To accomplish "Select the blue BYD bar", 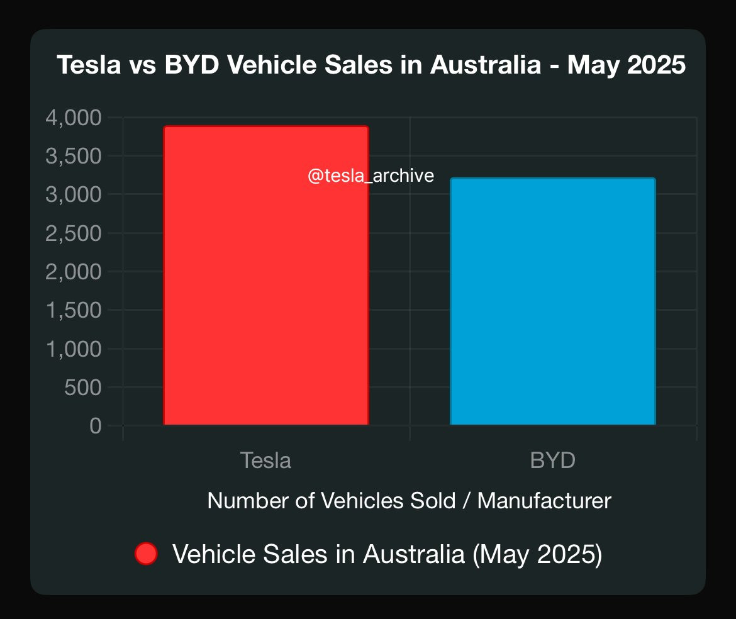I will pyautogui.click(x=552, y=302).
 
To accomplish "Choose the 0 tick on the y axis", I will pyautogui.click(x=96, y=426).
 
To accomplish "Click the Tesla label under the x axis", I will pyautogui.click(x=265, y=460).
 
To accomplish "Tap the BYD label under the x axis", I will pyautogui.click(x=552, y=460).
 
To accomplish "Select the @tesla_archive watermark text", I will pyautogui.click(x=371, y=176).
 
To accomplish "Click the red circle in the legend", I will pyautogui.click(x=146, y=554).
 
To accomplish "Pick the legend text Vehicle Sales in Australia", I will pyautogui.click(x=387, y=554).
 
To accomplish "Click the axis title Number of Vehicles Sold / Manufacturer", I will pyautogui.click(x=409, y=501).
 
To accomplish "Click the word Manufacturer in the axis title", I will pyautogui.click(x=544, y=501).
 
